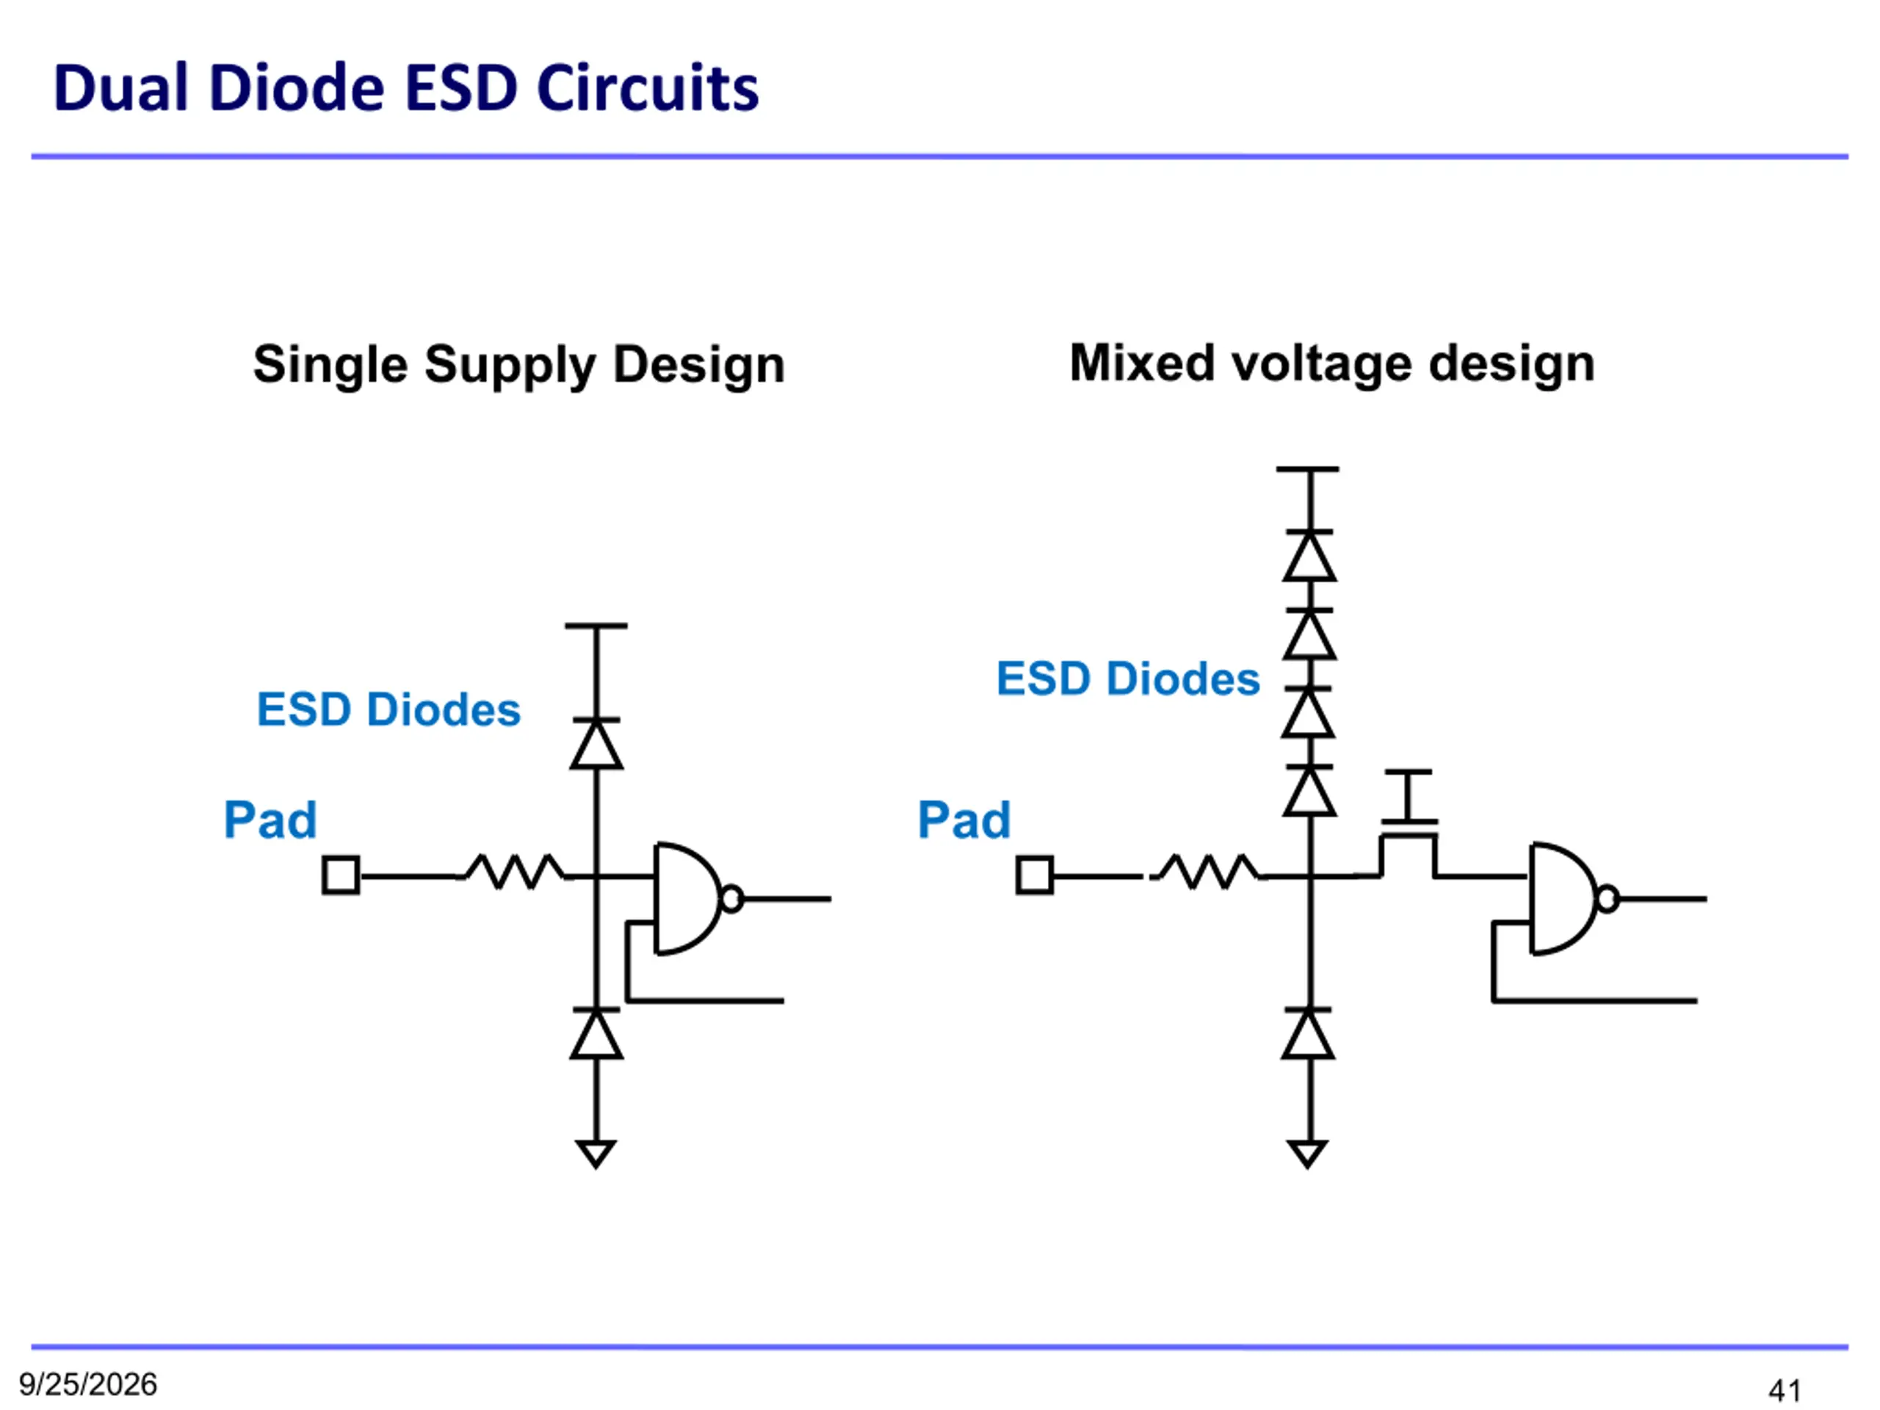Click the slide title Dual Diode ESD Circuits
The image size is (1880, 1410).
point(405,87)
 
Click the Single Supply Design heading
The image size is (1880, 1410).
point(518,366)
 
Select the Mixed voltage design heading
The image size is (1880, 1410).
point(1332,364)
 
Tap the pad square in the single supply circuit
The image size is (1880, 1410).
point(341,875)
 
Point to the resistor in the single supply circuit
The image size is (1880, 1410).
point(513,872)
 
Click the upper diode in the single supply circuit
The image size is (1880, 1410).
point(596,744)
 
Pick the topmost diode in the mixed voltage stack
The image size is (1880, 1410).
point(1309,556)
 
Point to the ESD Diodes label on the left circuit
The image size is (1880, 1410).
point(388,709)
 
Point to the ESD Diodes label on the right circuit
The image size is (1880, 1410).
point(1128,679)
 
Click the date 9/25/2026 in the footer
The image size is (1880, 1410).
point(88,1384)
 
